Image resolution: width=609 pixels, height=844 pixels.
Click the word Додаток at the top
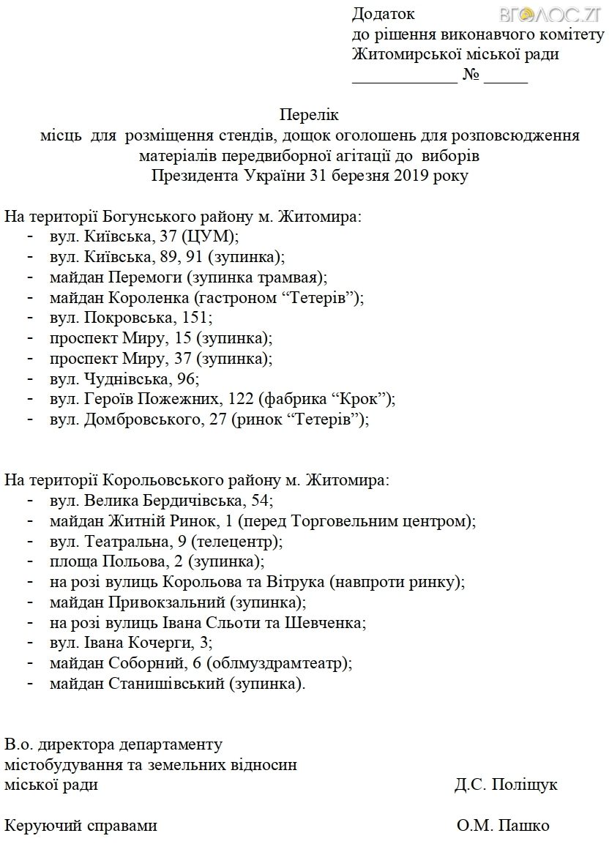tap(383, 14)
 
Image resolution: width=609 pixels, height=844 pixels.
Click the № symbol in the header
tap(470, 75)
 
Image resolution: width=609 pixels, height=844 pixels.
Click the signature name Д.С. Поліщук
tap(505, 785)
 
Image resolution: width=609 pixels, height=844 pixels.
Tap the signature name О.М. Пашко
tap(503, 826)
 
